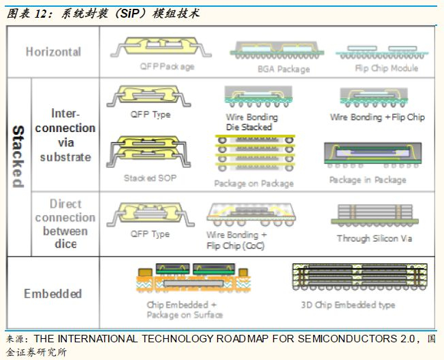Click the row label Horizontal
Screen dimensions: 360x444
click(x=53, y=52)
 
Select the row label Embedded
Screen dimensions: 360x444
click(x=52, y=294)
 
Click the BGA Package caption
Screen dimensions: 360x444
click(x=283, y=69)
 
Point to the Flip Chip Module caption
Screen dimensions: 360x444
click(x=386, y=68)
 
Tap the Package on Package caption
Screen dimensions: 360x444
click(x=253, y=183)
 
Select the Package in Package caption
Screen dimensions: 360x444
click(x=367, y=180)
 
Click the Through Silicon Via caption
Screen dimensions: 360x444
click(x=374, y=238)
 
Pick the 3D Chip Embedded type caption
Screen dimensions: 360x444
click(x=347, y=305)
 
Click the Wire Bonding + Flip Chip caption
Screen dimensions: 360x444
click(x=377, y=117)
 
